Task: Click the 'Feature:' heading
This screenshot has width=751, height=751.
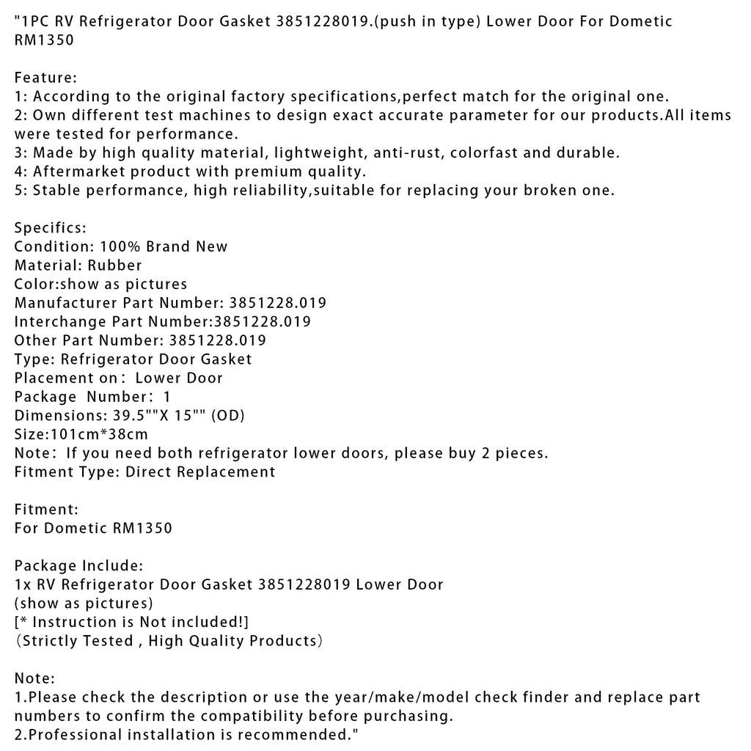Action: click(x=45, y=77)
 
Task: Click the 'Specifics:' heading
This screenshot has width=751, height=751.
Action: click(x=50, y=227)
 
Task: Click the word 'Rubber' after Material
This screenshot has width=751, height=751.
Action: click(x=114, y=265)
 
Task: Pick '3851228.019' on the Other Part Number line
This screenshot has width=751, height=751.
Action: click(x=217, y=340)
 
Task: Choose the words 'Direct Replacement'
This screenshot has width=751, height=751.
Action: click(x=200, y=472)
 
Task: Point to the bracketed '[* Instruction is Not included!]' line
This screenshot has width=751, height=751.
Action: click(x=132, y=622)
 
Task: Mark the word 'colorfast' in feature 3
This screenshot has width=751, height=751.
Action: click(x=483, y=153)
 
